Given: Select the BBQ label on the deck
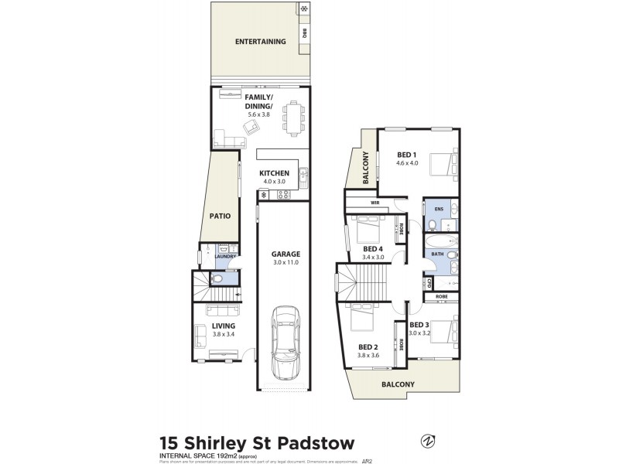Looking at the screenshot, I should pos(305,33).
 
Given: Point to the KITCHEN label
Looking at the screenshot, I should pos(274,173).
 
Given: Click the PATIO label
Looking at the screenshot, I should pos(221,217).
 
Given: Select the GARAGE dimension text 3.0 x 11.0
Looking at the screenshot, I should pos(286,263).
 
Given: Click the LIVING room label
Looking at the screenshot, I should pos(223,326).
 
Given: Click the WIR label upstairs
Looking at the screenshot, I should pos(375,203).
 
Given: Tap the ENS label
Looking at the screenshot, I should pos(439,209).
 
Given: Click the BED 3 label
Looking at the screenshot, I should pos(419,325).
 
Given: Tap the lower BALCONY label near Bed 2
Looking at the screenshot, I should pos(398,384).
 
